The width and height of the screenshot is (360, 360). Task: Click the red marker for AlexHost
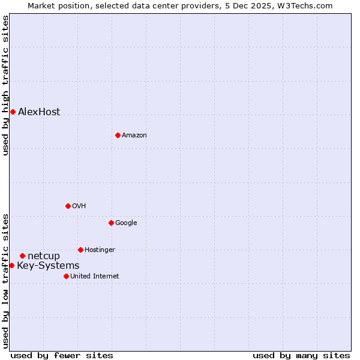point(13,112)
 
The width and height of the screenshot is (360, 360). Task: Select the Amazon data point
point(118,135)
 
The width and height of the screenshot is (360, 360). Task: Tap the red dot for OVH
point(68,206)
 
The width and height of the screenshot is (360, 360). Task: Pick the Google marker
point(111,223)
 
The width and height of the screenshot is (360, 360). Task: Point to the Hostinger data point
point(80,250)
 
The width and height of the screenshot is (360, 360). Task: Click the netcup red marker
point(22,256)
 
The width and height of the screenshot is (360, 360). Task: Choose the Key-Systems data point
point(11,265)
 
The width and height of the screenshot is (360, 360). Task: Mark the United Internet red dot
point(66,276)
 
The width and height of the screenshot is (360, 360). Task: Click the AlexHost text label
point(39,112)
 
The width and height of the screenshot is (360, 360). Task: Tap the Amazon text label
point(134,136)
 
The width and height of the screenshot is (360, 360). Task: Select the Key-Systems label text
point(48,266)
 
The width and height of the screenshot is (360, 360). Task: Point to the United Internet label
point(94,277)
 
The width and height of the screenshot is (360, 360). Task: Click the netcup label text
point(44,256)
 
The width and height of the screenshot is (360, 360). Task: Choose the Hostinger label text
point(100,250)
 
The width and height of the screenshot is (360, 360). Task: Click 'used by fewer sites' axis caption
point(62,356)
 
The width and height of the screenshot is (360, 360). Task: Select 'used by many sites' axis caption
point(301,356)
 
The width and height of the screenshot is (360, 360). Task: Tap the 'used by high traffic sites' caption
point(5,86)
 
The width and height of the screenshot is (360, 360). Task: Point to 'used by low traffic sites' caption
point(5,281)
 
